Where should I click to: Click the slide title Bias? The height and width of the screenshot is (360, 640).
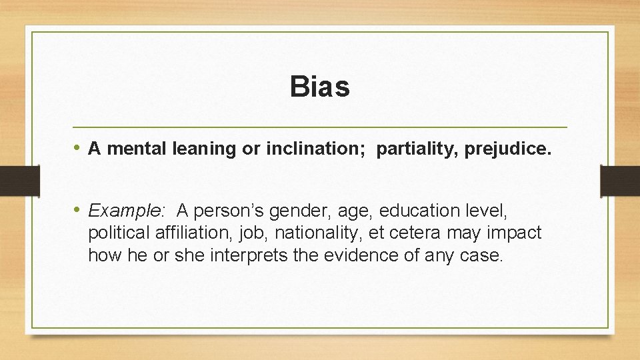click(320, 87)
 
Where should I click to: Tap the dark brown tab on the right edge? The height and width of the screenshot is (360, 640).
click(619, 181)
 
